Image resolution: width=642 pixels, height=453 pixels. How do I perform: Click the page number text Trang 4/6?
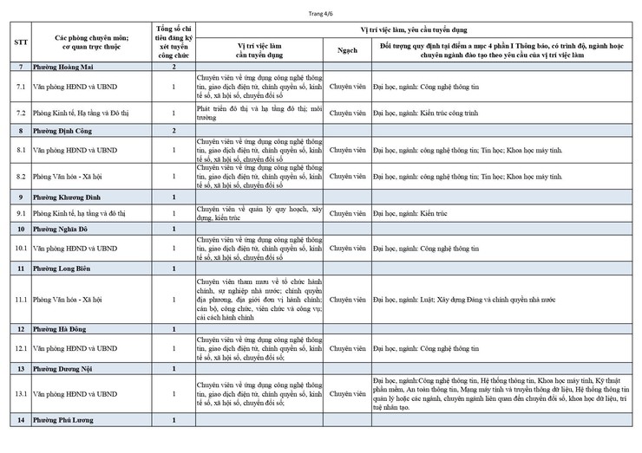point(320,12)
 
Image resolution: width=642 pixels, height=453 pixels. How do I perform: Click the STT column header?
point(21,43)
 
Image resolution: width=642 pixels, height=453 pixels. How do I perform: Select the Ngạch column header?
point(347,49)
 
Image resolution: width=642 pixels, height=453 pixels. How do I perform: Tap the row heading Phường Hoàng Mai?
point(63,67)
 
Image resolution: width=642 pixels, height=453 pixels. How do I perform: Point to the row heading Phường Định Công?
point(65,130)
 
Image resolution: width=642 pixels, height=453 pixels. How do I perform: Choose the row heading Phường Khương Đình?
point(69,197)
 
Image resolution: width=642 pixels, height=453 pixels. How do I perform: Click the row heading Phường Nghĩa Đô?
point(64,229)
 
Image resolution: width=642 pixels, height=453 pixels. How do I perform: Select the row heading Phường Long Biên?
point(64,269)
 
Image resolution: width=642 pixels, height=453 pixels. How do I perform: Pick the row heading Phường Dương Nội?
point(65,369)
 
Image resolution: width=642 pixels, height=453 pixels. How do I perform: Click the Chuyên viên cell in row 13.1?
point(347,394)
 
